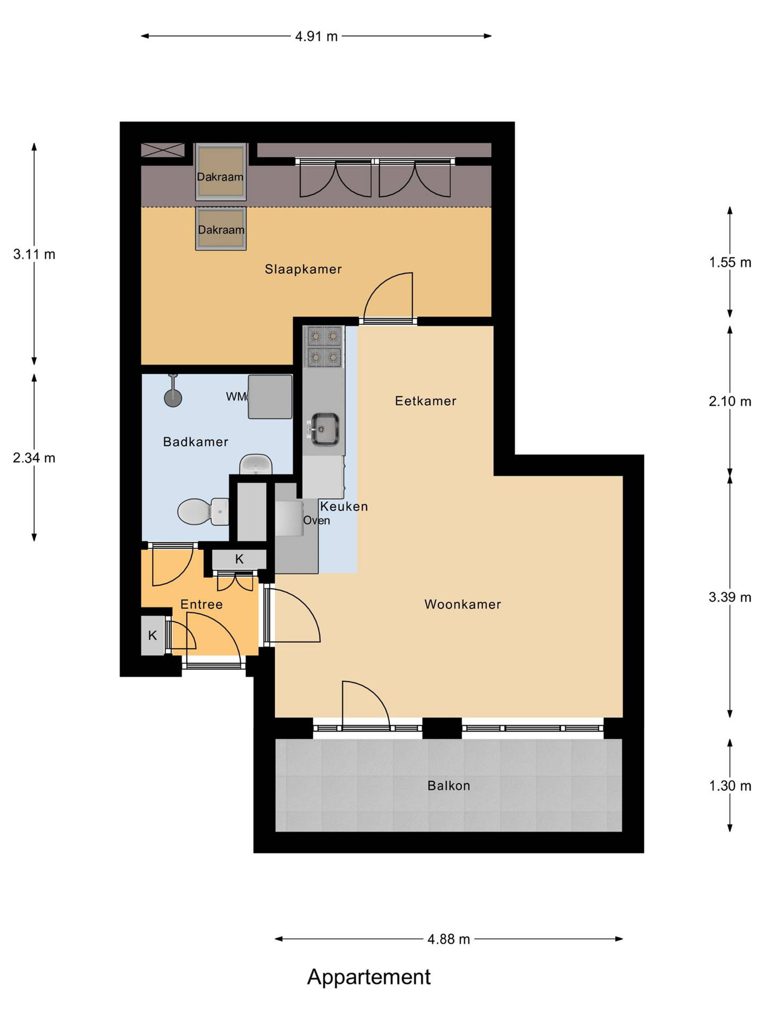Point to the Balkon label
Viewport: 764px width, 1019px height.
point(448,785)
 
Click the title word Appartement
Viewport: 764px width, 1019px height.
point(369,977)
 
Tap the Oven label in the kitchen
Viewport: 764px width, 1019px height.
point(316,521)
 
